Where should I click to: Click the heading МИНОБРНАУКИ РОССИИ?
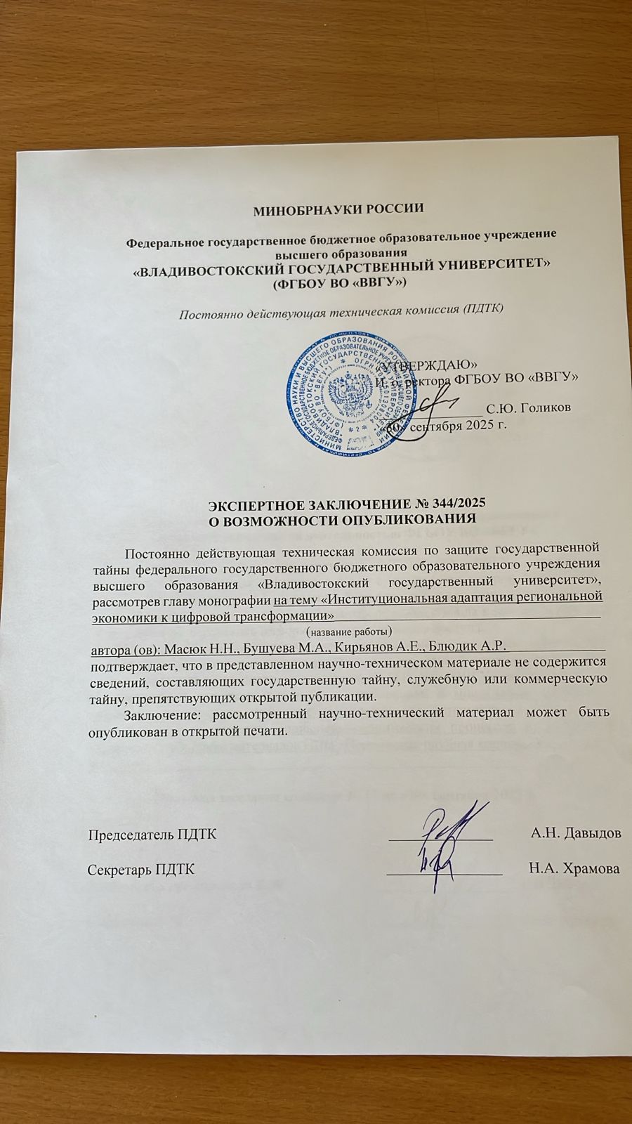(339, 209)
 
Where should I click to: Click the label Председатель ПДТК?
(152, 834)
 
